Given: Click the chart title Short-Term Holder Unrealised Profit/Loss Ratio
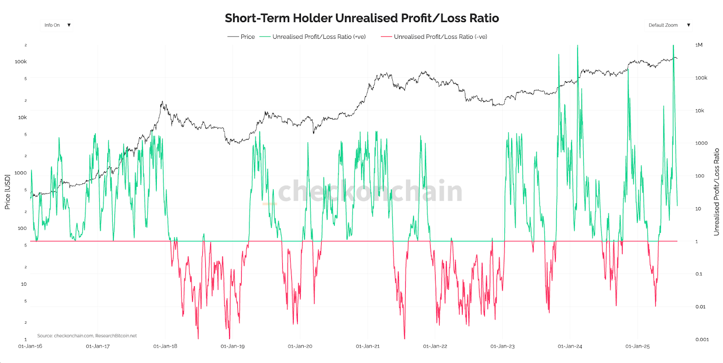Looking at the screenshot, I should (361, 18).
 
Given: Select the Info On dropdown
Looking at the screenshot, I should (57, 25).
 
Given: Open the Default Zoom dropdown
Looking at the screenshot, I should (669, 25).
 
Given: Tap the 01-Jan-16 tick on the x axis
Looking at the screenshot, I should (30, 346).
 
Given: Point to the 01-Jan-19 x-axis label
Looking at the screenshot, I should (233, 346).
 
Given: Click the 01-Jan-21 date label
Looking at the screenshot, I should (368, 346).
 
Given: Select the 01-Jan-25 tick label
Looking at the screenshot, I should (638, 346).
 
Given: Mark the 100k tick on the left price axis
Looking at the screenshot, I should (21, 62).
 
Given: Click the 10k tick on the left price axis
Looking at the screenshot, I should (22, 117).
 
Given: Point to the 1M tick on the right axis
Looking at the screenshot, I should (699, 45).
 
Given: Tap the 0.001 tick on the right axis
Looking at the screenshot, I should (702, 340).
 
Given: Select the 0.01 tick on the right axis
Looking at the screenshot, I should (700, 307).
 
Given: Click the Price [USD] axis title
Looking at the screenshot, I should (7, 192).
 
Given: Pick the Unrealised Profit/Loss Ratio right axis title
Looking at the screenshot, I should (716, 192).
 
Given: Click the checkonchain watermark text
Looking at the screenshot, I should (371, 191).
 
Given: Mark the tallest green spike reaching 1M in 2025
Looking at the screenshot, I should (673, 46).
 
